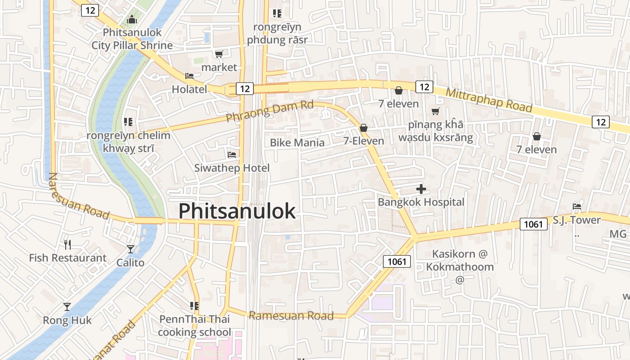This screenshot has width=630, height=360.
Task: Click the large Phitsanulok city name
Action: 237,211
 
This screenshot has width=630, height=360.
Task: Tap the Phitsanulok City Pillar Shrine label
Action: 132,39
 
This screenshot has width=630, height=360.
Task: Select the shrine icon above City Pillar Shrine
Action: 131,19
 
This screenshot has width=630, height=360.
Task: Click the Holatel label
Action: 189,89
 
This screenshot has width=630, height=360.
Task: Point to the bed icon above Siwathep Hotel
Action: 232,155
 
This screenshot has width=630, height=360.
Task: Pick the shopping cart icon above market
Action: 219,54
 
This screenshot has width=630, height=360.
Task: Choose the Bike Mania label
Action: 297,143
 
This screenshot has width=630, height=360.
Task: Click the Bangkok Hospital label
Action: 421,202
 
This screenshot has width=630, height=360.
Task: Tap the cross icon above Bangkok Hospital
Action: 421,189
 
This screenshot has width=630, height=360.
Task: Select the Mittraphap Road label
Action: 489,100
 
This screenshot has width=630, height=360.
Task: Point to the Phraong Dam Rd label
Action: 269,111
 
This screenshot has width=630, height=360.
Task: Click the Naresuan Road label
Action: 78,197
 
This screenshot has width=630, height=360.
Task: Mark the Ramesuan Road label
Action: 291,315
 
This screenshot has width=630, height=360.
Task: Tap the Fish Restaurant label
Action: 67,258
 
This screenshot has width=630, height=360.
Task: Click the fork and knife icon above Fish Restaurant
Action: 67,245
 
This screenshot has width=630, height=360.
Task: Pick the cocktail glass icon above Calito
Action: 130,249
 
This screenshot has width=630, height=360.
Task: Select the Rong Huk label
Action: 67,320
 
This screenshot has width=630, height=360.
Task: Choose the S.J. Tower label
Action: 576,220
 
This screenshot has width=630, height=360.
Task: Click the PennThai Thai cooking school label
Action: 194,326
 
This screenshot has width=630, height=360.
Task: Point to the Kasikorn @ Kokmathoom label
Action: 459,260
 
